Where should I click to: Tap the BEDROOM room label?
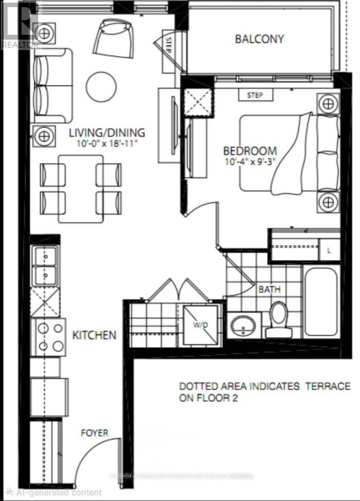pyautogui.click(x=250, y=151)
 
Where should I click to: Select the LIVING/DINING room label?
pyautogui.click(x=107, y=133)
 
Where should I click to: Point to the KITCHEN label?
pyautogui.click(x=94, y=334)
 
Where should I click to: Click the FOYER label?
pyautogui.click(x=94, y=433)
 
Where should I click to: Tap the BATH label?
pyautogui.click(x=270, y=289)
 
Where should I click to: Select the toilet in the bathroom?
pyautogui.click(x=279, y=319)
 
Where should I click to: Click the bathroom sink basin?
pyautogui.click(x=244, y=324)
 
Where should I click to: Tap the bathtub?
pyautogui.click(x=321, y=302)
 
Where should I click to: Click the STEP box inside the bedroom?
pyautogui.click(x=255, y=95)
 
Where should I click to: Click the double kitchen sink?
pyautogui.click(x=45, y=266)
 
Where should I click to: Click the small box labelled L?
pyautogui.click(x=329, y=251)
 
